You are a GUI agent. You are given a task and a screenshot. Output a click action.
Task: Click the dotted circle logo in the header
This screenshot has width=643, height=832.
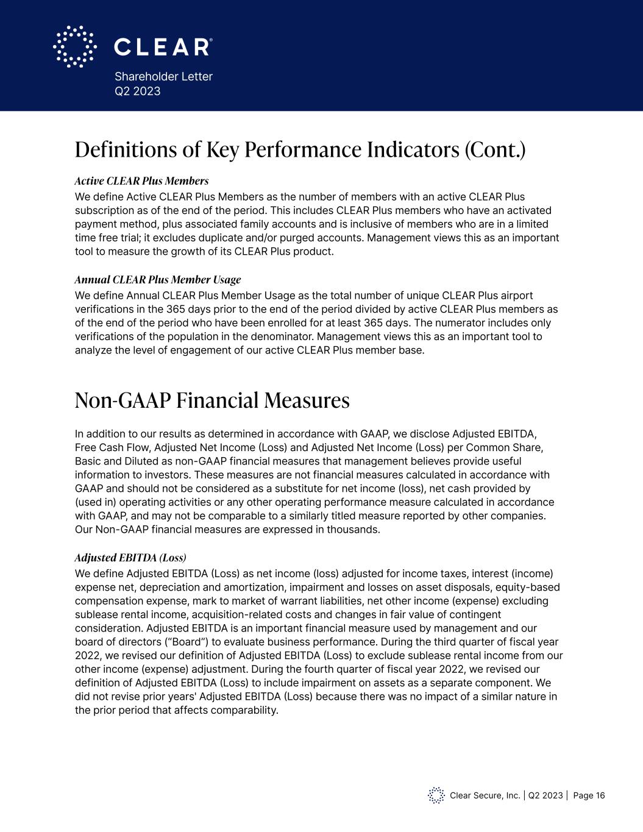coord(75,46)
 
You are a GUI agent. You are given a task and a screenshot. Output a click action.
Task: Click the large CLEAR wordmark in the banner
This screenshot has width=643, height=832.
coord(163,47)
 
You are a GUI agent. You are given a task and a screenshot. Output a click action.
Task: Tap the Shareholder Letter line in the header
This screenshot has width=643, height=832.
coord(163,76)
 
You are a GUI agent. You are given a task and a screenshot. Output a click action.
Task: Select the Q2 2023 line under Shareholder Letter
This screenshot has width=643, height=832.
coord(138,91)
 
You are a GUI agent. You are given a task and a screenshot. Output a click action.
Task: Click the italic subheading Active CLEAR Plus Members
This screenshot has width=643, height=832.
coord(141,181)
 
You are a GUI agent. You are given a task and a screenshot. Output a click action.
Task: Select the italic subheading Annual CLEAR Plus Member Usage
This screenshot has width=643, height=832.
coord(158,280)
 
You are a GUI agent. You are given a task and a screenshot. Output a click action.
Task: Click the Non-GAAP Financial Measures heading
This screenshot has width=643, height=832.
coord(212,400)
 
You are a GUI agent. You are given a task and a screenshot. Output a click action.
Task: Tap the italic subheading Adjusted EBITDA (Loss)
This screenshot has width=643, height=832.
coord(130,558)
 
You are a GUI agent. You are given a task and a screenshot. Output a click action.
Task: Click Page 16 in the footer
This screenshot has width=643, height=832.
coord(589,795)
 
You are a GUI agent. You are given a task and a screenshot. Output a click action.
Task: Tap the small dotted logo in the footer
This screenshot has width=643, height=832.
coord(436,795)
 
